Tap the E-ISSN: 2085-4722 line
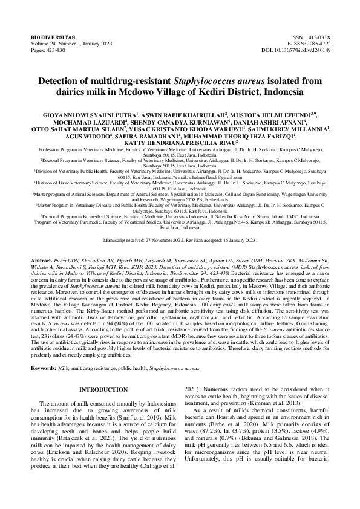coord(308,43)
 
